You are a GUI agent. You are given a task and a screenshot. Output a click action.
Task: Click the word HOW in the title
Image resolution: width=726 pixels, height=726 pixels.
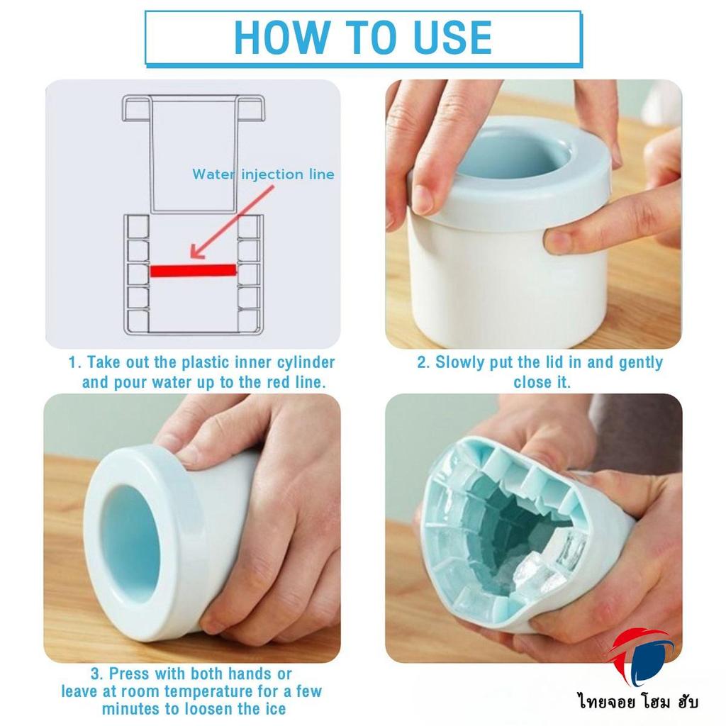coord(282,38)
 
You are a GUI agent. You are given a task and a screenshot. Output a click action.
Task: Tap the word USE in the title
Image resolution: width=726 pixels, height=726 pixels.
coord(452,38)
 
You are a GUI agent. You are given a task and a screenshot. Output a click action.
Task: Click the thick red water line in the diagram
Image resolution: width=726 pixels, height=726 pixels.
coord(193,270)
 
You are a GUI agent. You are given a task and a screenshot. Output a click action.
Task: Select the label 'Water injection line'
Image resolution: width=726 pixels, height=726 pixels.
coord(263,174)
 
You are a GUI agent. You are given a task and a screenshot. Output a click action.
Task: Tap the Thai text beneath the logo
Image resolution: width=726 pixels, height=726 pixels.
coord(637,701)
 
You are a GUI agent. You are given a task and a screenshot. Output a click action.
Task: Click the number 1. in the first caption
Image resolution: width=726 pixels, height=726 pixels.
coord(75,362)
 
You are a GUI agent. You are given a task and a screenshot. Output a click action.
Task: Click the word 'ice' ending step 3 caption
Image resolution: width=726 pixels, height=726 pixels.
coord(276,709)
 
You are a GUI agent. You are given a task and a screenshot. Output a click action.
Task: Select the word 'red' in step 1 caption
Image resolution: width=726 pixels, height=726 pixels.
coord(279,382)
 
